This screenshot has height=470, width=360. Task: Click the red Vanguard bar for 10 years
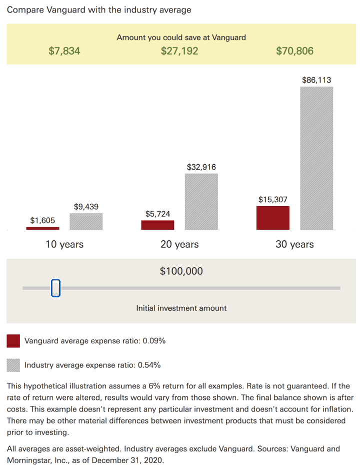(x=42, y=228)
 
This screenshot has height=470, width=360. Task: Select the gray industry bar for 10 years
(x=86, y=221)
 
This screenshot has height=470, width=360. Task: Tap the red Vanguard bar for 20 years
(x=157, y=225)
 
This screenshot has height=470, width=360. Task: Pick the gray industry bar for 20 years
(x=201, y=202)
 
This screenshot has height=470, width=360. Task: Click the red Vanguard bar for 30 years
(x=273, y=218)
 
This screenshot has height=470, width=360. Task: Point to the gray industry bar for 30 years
(x=316, y=158)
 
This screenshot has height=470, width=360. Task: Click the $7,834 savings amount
(x=64, y=51)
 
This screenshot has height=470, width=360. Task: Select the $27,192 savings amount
(x=179, y=51)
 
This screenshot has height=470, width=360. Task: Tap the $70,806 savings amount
(x=295, y=51)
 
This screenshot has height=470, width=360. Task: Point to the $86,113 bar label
(x=316, y=80)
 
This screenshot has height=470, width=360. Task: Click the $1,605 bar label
(x=42, y=220)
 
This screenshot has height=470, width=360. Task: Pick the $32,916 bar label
(x=201, y=167)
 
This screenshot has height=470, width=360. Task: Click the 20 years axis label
(x=179, y=244)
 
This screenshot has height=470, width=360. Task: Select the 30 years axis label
(x=295, y=244)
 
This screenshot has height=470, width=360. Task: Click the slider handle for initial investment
(x=55, y=288)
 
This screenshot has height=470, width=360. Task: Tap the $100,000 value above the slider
(x=181, y=271)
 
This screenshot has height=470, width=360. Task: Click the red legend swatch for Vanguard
(x=13, y=341)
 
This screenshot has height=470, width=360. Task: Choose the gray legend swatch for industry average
(x=13, y=365)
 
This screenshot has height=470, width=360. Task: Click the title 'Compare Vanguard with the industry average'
(x=99, y=10)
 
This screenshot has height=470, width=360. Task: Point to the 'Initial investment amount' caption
(x=181, y=308)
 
